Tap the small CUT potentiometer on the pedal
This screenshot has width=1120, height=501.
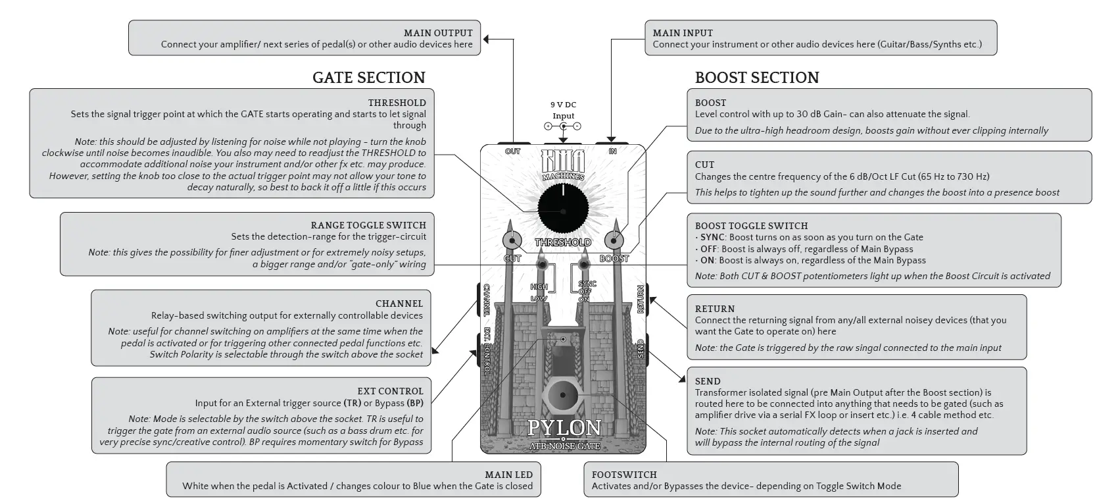pyautogui.click(x=511, y=240)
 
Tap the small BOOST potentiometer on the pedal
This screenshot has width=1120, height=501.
pyautogui.click(x=614, y=240)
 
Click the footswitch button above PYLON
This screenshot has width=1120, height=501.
pyautogui.click(x=563, y=396)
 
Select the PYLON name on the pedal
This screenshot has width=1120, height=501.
pyautogui.click(x=564, y=429)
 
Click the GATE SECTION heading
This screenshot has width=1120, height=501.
pyautogui.click(x=368, y=78)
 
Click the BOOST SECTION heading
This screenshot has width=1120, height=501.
pyautogui.click(x=756, y=78)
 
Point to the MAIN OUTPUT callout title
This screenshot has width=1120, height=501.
pyautogui.click(x=438, y=33)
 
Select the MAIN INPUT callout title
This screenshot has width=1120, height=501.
pyautogui.click(x=683, y=33)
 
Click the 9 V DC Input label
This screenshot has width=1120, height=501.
pyautogui.click(x=563, y=110)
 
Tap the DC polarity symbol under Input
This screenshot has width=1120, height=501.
pyautogui.click(x=563, y=126)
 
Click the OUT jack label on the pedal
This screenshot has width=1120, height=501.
pyautogui.click(x=512, y=151)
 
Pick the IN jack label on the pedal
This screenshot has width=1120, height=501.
pyautogui.click(x=612, y=151)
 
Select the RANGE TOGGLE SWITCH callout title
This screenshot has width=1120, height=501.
pyautogui.click(x=368, y=225)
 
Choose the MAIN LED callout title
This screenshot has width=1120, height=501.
pyautogui.click(x=508, y=474)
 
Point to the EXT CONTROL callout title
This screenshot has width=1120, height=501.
pyautogui.click(x=390, y=391)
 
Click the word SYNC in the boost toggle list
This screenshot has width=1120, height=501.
pyautogui.click(x=712, y=237)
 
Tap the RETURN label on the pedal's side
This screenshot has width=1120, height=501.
pyautogui.click(x=640, y=300)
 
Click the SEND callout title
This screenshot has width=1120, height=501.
pyautogui.click(x=708, y=381)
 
